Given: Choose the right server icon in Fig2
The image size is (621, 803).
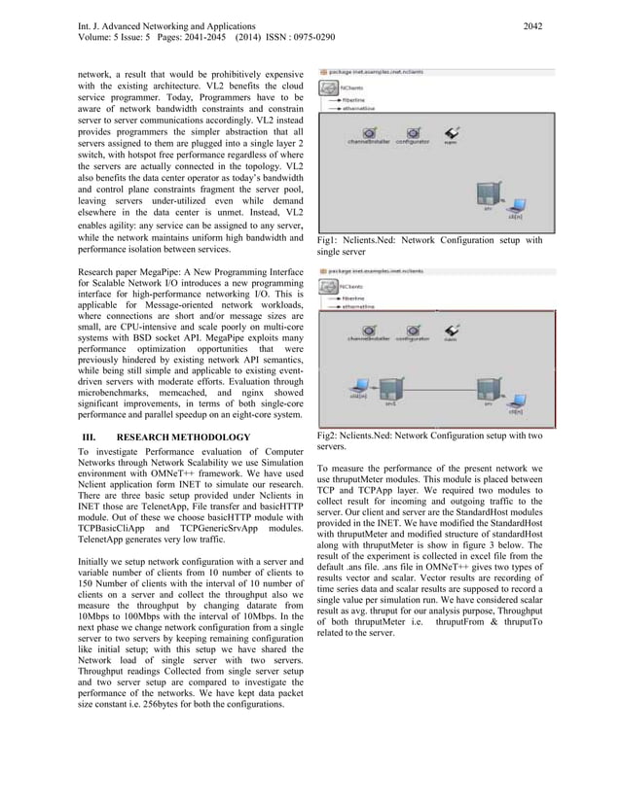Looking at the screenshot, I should pos(488,380).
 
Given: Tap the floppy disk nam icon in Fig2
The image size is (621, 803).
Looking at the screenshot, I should pos(452,329).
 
